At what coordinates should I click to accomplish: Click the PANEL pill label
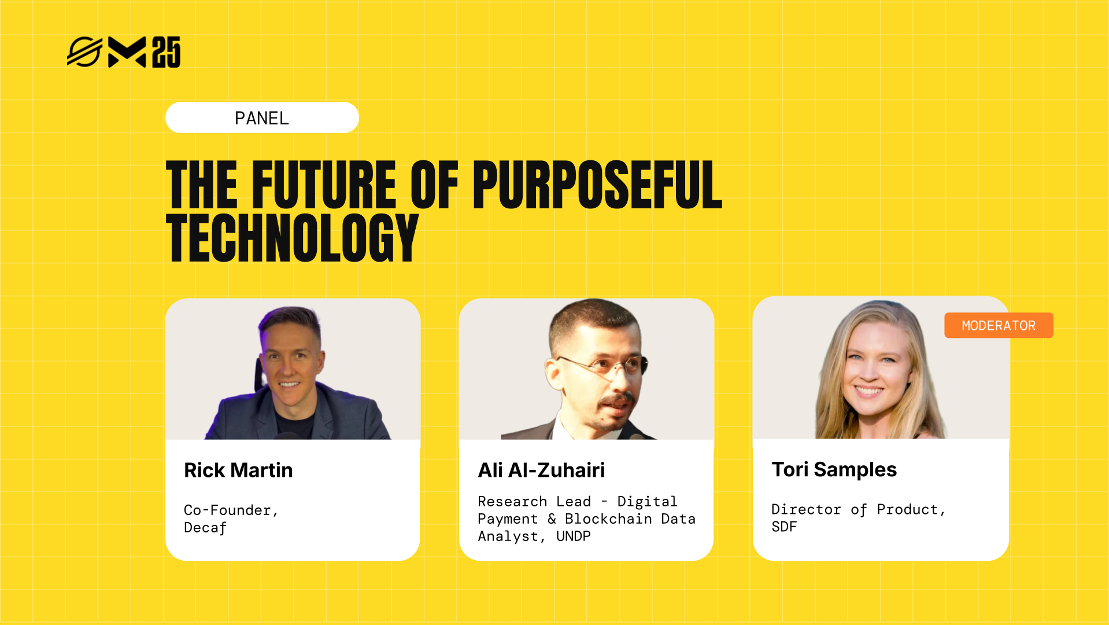tap(262, 118)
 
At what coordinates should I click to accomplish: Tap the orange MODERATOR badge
tap(998, 326)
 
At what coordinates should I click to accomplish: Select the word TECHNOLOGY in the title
tap(292, 237)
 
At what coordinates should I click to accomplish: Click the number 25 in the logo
tap(167, 52)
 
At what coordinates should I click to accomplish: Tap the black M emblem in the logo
tap(127, 52)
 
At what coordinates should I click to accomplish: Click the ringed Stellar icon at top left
tap(84, 52)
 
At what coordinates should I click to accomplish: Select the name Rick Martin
tap(238, 470)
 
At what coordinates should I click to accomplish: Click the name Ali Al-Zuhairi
tap(541, 470)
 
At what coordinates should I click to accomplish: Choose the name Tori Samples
tap(834, 469)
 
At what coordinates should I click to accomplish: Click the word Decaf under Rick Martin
tap(205, 528)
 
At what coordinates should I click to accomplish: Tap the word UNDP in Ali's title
tap(573, 536)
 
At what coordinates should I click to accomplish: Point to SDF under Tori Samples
tap(784, 527)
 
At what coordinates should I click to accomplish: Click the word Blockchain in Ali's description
tap(608, 519)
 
